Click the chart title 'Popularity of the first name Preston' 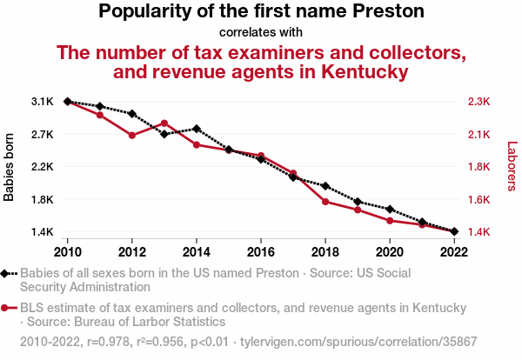[x=261, y=12]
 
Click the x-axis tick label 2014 [x=197, y=251]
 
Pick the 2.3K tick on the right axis [x=479, y=102]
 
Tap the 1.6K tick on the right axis [x=479, y=199]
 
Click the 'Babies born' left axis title [x=10, y=167]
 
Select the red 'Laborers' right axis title [x=512, y=167]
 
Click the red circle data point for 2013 [x=164, y=123]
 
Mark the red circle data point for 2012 [x=132, y=136]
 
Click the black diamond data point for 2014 [x=197, y=129]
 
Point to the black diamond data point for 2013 [x=164, y=134]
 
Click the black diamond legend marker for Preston [x=5, y=273]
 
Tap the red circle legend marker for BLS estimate [x=5, y=308]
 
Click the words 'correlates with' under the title [x=261, y=32]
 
